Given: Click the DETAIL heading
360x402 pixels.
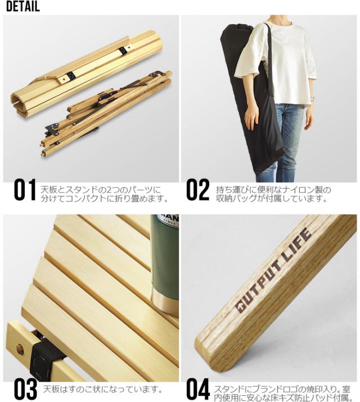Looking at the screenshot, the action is pyautogui.click(x=23, y=6).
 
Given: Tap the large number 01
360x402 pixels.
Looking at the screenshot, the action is pyautogui.click(x=25, y=190).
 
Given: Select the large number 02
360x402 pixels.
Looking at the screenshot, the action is pyautogui.click(x=197, y=190).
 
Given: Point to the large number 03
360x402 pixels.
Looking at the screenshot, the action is pyautogui.click(x=25, y=390).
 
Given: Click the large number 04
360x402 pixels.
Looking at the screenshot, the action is pyautogui.click(x=198, y=390).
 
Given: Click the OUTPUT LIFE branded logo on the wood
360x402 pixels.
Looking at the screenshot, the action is pyautogui.click(x=273, y=270).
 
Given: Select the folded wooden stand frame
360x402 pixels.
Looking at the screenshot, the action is pyautogui.click(x=106, y=114).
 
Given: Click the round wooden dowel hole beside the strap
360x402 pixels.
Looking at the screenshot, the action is pyautogui.click(x=20, y=349).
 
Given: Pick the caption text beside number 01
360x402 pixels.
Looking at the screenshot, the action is pyautogui.click(x=104, y=194).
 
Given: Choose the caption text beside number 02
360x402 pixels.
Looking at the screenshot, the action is pyautogui.click(x=273, y=194).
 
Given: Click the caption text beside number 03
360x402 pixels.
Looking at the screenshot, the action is pyautogui.click(x=102, y=390).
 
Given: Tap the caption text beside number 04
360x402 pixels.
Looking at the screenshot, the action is pyautogui.click(x=282, y=394).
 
